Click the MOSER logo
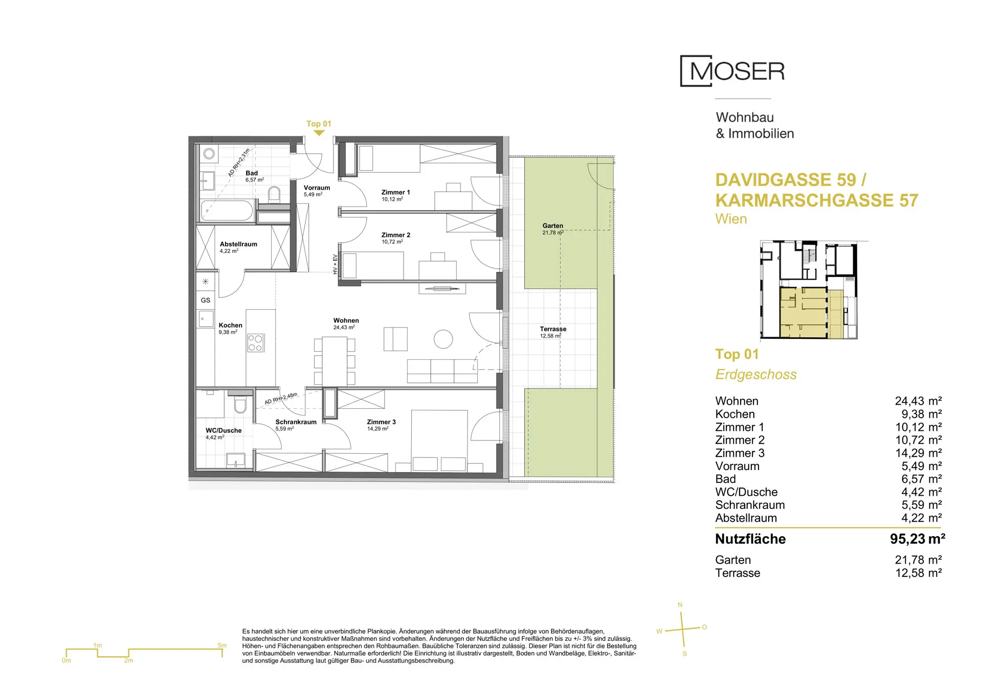[732, 71]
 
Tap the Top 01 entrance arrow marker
[319, 133]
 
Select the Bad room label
[252, 173]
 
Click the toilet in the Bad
[275, 193]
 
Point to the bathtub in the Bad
[227, 210]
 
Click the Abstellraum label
[238, 244]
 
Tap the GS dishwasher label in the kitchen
[206, 300]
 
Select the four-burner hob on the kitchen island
[256, 343]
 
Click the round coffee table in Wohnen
[443, 339]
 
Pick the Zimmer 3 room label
[381, 422]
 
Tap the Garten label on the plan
[553, 226]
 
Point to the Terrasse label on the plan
[553, 329]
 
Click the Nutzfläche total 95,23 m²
[918, 539]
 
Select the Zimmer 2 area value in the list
[919, 440]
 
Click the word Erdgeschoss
[756, 375]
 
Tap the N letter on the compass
[680, 605]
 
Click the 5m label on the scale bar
[222, 645]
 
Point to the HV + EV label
[335, 264]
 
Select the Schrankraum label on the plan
[296, 422]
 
